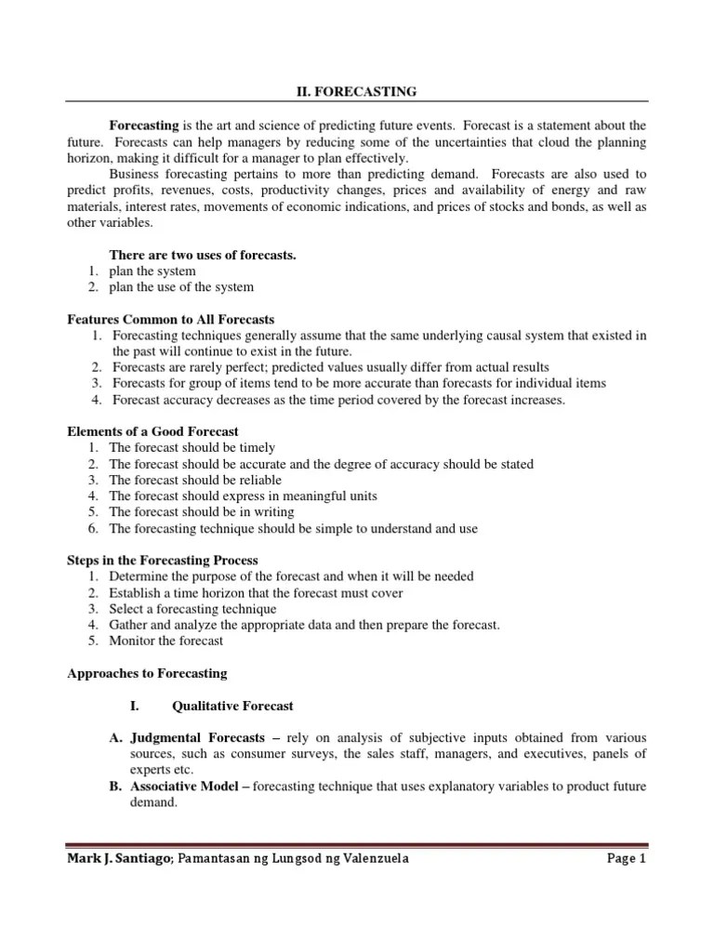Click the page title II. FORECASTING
pyautogui.click(x=357, y=91)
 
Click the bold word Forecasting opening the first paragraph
pyautogui.click(x=144, y=126)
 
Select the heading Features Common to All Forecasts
pyautogui.click(x=171, y=319)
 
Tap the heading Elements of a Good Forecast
pyautogui.click(x=153, y=431)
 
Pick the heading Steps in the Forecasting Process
pyautogui.click(x=163, y=561)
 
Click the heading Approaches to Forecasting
pyautogui.click(x=147, y=673)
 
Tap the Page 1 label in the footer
pyautogui.click(x=625, y=859)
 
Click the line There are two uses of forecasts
pyautogui.click(x=203, y=255)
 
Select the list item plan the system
pyautogui.click(x=152, y=271)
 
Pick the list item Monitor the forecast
pyautogui.click(x=165, y=641)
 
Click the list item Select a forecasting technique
pyautogui.click(x=192, y=609)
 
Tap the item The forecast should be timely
pyautogui.click(x=192, y=447)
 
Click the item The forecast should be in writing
pyautogui.click(x=201, y=511)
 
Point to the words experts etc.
pyautogui.click(x=162, y=770)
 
